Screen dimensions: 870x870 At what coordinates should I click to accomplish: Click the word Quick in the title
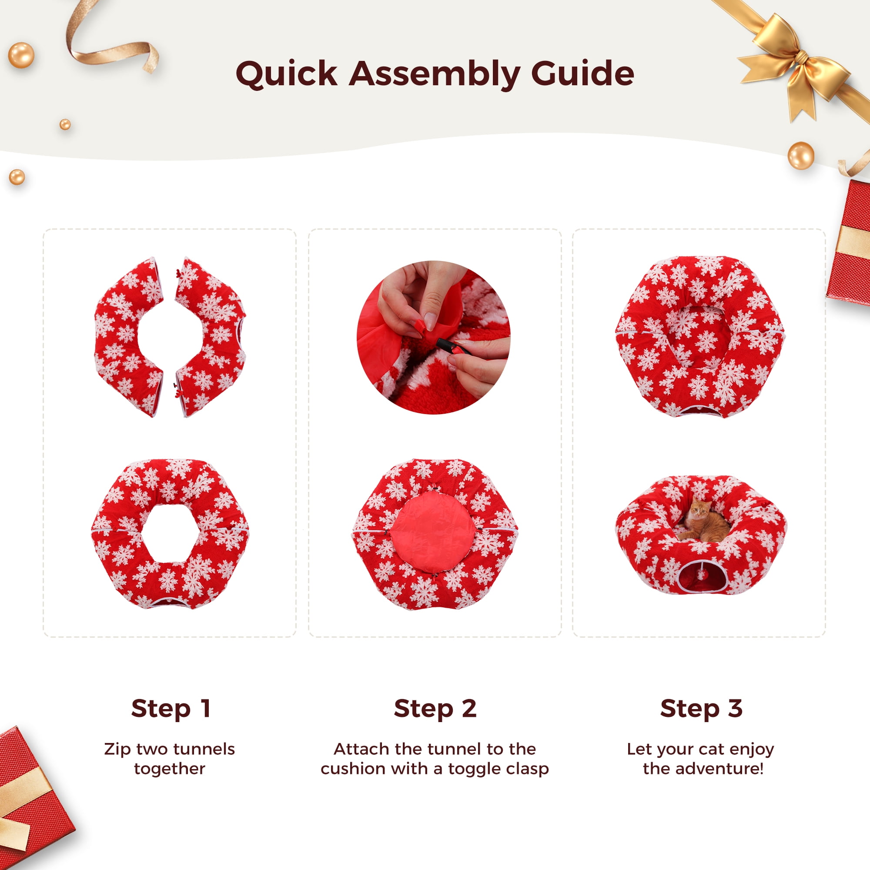[x=286, y=74]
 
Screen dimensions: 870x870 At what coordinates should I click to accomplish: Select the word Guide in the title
[x=583, y=74]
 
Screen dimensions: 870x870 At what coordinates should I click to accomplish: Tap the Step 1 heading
[x=171, y=709]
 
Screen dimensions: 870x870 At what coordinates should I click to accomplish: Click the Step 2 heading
[x=435, y=709]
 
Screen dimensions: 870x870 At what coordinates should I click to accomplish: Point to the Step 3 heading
[x=701, y=709]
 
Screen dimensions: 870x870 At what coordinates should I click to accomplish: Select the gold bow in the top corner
[x=793, y=63]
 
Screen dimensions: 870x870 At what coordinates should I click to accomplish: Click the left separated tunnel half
[x=129, y=337]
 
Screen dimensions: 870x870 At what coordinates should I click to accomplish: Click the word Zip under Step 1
[x=118, y=750]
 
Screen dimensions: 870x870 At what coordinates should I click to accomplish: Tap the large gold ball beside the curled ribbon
[x=21, y=55]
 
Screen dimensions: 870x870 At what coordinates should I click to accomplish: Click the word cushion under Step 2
[x=354, y=769]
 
